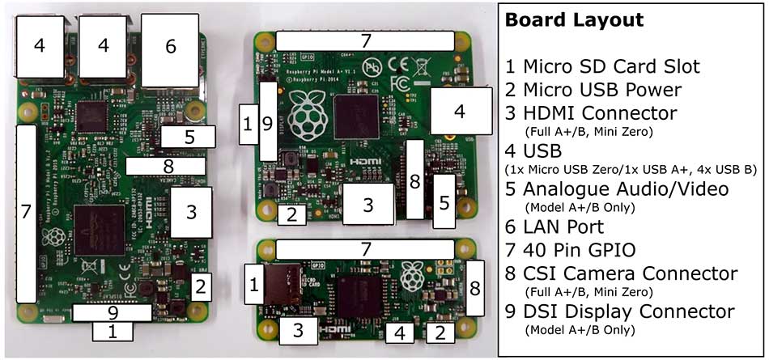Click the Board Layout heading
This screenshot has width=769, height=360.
tap(575, 19)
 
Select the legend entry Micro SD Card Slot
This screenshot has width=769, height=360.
tap(611, 66)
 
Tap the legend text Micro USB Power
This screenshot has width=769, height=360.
tap(601, 90)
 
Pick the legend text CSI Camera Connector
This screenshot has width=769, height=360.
tap(630, 273)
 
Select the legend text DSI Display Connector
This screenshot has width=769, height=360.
tap(631, 311)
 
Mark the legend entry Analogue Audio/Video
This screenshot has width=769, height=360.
tap(626, 188)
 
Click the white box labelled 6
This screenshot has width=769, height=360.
tap(170, 46)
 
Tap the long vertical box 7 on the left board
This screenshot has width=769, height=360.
tap(26, 212)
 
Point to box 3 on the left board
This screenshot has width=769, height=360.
tap(191, 213)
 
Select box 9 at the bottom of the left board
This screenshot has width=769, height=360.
tap(113, 312)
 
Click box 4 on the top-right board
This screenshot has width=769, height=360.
tap(461, 111)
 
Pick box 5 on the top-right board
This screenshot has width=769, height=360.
tap(443, 201)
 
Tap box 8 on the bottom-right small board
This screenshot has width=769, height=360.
tap(475, 287)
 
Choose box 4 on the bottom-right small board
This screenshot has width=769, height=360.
tap(399, 332)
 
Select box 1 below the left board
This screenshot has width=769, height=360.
tap(113, 331)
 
